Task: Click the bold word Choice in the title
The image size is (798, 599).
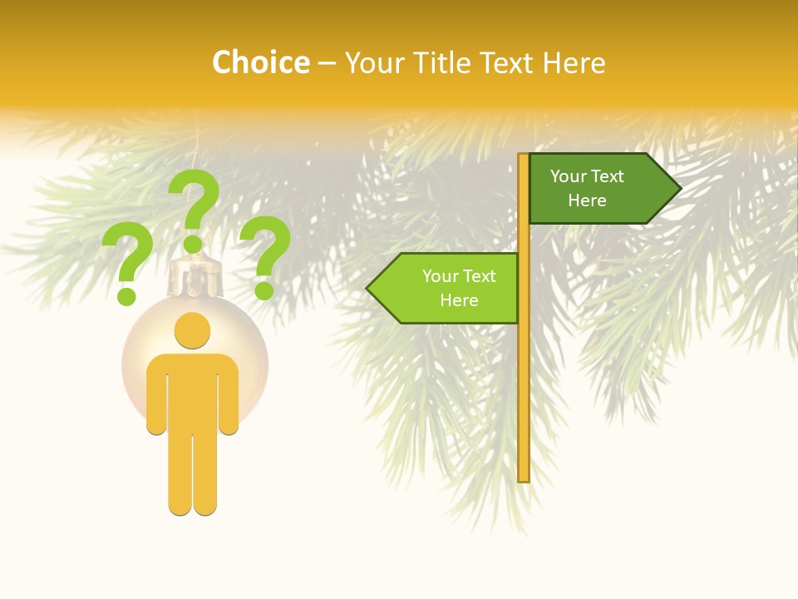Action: [261, 62]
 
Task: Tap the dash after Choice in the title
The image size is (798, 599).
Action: [327, 64]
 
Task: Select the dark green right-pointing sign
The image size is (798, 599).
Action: [598, 188]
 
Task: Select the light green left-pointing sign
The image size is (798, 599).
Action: [449, 288]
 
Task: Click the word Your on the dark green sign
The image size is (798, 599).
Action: [569, 176]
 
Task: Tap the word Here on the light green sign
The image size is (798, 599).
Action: [459, 300]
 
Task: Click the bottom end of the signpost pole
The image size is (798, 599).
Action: [524, 478]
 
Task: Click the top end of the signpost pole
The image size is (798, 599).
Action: [524, 157]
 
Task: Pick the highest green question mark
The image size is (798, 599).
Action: [194, 208]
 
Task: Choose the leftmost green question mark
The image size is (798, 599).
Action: [127, 265]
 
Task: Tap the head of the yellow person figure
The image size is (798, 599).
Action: [193, 330]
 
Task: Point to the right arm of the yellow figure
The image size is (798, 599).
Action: [228, 399]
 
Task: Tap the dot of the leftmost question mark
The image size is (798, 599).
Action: [127, 295]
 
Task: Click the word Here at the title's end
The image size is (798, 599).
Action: [574, 62]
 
